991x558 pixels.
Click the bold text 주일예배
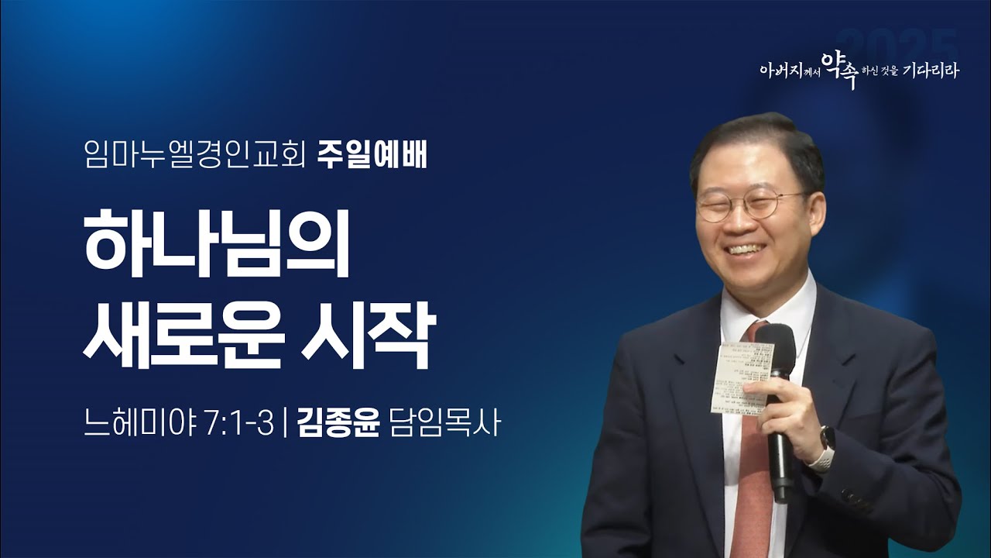tap(372, 157)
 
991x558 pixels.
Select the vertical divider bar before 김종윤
tap(286, 425)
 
